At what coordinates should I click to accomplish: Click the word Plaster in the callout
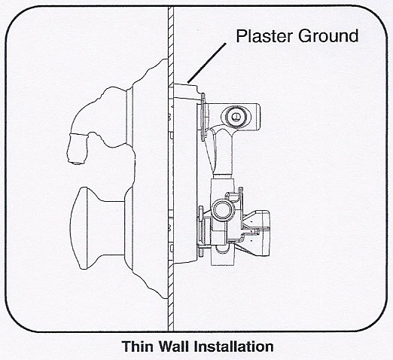coord(264,36)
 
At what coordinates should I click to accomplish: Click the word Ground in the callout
coord(328,36)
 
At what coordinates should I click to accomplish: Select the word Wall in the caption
coord(174,346)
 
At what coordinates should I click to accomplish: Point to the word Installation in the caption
coord(234,346)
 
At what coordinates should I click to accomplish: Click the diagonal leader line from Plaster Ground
coord(207,63)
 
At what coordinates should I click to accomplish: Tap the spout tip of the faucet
coord(78,162)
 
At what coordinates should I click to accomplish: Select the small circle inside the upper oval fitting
coord(235,116)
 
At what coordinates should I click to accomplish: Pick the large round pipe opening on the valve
coord(223,209)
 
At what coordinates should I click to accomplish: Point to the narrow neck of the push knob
coord(111,228)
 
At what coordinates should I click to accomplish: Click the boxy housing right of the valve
coord(261,232)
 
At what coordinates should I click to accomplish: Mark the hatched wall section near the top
coord(171,32)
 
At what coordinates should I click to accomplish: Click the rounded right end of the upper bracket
coord(257,117)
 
